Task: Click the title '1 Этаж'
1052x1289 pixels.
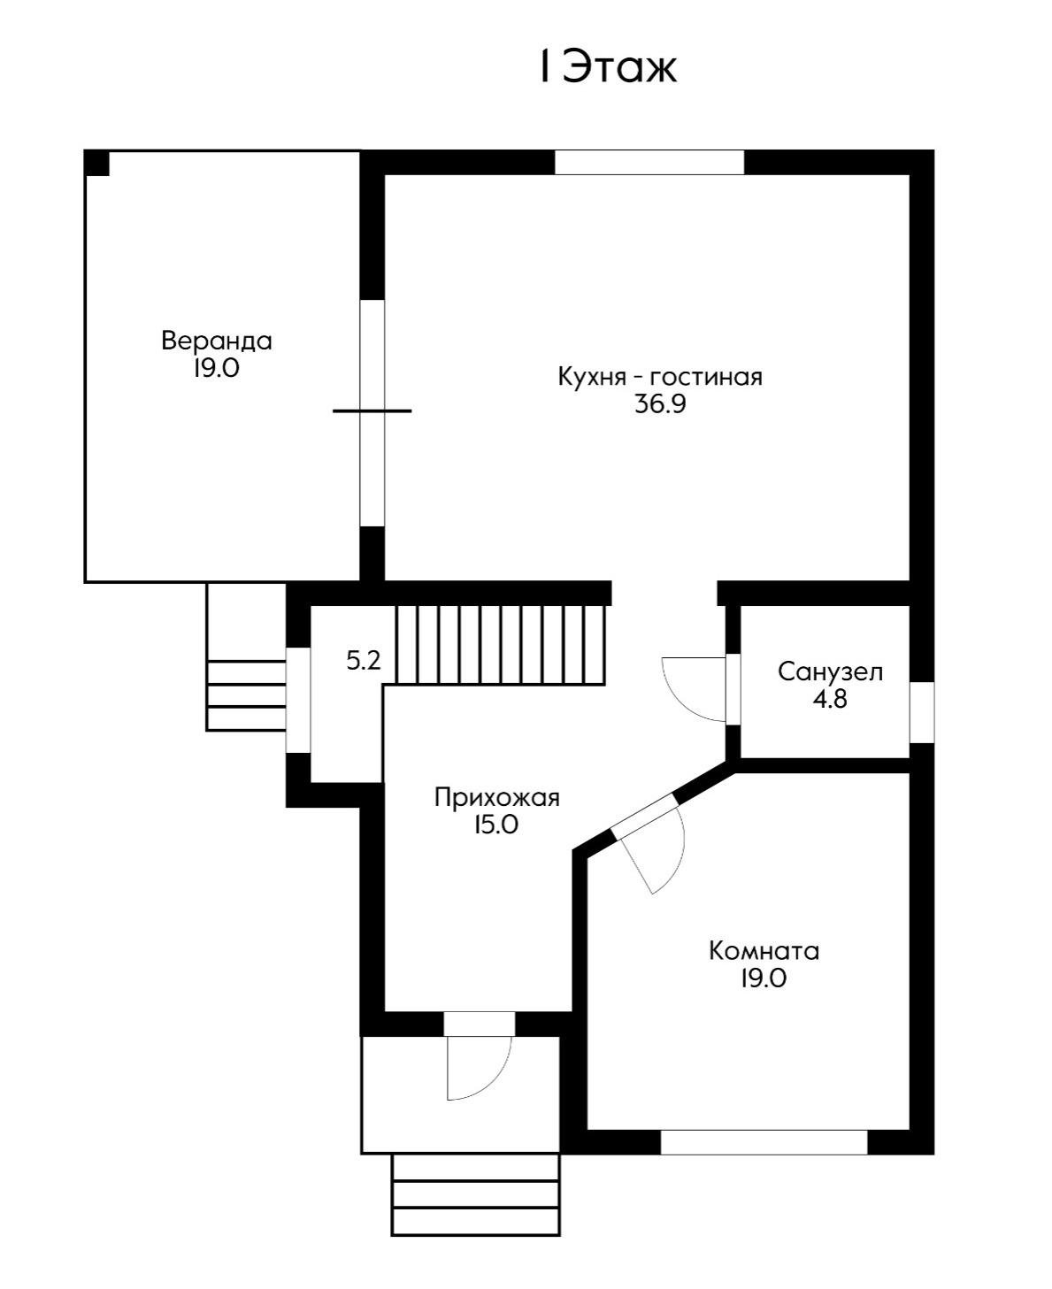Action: (608, 67)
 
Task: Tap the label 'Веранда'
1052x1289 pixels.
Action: (217, 341)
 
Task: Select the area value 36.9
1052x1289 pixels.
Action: (660, 404)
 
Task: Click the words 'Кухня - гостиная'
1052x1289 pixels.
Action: (660, 377)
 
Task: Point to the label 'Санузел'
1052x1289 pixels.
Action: (830, 671)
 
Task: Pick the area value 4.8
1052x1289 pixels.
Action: (830, 699)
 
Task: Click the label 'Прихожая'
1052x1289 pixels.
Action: (497, 798)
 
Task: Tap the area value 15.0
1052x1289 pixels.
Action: (495, 825)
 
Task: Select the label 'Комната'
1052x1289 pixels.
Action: (764, 951)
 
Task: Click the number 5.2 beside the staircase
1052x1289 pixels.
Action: (363, 660)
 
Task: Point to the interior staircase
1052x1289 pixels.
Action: (500, 644)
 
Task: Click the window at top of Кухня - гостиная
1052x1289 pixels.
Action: (649, 163)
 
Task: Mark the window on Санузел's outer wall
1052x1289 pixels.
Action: (922, 713)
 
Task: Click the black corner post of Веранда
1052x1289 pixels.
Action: (96, 163)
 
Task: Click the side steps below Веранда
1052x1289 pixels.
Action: (246, 694)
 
